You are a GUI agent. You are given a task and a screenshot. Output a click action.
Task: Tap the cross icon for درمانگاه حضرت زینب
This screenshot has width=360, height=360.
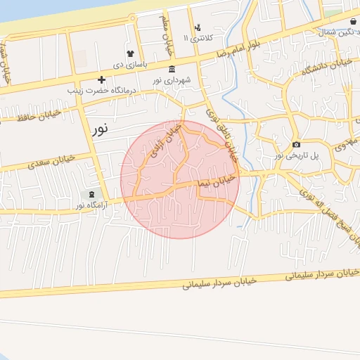coord(102,79)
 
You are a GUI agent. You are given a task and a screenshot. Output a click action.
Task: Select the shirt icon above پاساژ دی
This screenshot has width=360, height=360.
coord(129,53)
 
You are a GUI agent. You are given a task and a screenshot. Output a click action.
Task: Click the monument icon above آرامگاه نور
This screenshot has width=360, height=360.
coord(91,194)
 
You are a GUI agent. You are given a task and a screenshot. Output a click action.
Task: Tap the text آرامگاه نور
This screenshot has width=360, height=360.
coord(91,205)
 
